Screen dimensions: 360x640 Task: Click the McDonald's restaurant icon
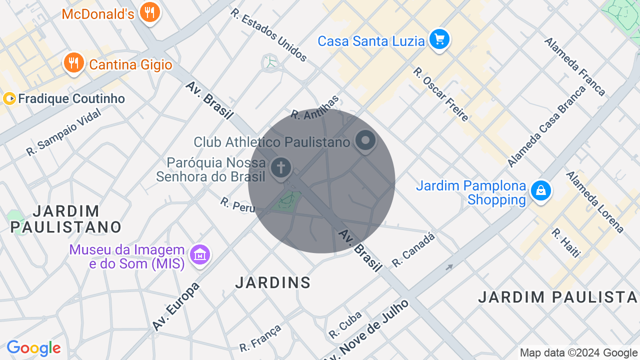[x=149, y=11]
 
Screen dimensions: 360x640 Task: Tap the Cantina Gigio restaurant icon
[x=73, y=63]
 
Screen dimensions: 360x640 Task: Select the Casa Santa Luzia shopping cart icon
[x=439, y=39]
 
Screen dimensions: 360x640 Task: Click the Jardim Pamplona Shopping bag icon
[x=540, y=190]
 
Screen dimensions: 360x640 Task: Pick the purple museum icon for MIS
[x=200, y=255]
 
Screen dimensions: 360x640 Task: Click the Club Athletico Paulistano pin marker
[x=365, y=140]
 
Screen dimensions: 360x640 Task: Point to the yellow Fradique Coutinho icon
[x=9, y=98]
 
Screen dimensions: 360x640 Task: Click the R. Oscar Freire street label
[x=440, y=94]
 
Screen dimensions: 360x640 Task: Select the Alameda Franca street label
[x=575, y=66]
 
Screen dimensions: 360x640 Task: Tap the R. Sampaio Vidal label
[x=63, y=132]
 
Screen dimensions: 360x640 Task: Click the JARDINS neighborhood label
[x=273, y=283]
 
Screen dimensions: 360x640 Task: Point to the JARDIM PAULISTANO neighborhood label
[x=66, y=219]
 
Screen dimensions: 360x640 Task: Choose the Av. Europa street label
[x=176, y=306]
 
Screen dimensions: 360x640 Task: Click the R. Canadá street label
[x=413, y=250]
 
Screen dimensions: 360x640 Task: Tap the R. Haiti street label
[x=566, y=243]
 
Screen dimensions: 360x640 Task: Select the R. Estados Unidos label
[x=269, y=34]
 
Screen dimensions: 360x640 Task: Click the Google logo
[x=33, y=348]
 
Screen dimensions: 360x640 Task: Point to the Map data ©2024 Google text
[x=578, y=353]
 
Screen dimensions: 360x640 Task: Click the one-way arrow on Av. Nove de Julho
[x=449, y=267]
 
